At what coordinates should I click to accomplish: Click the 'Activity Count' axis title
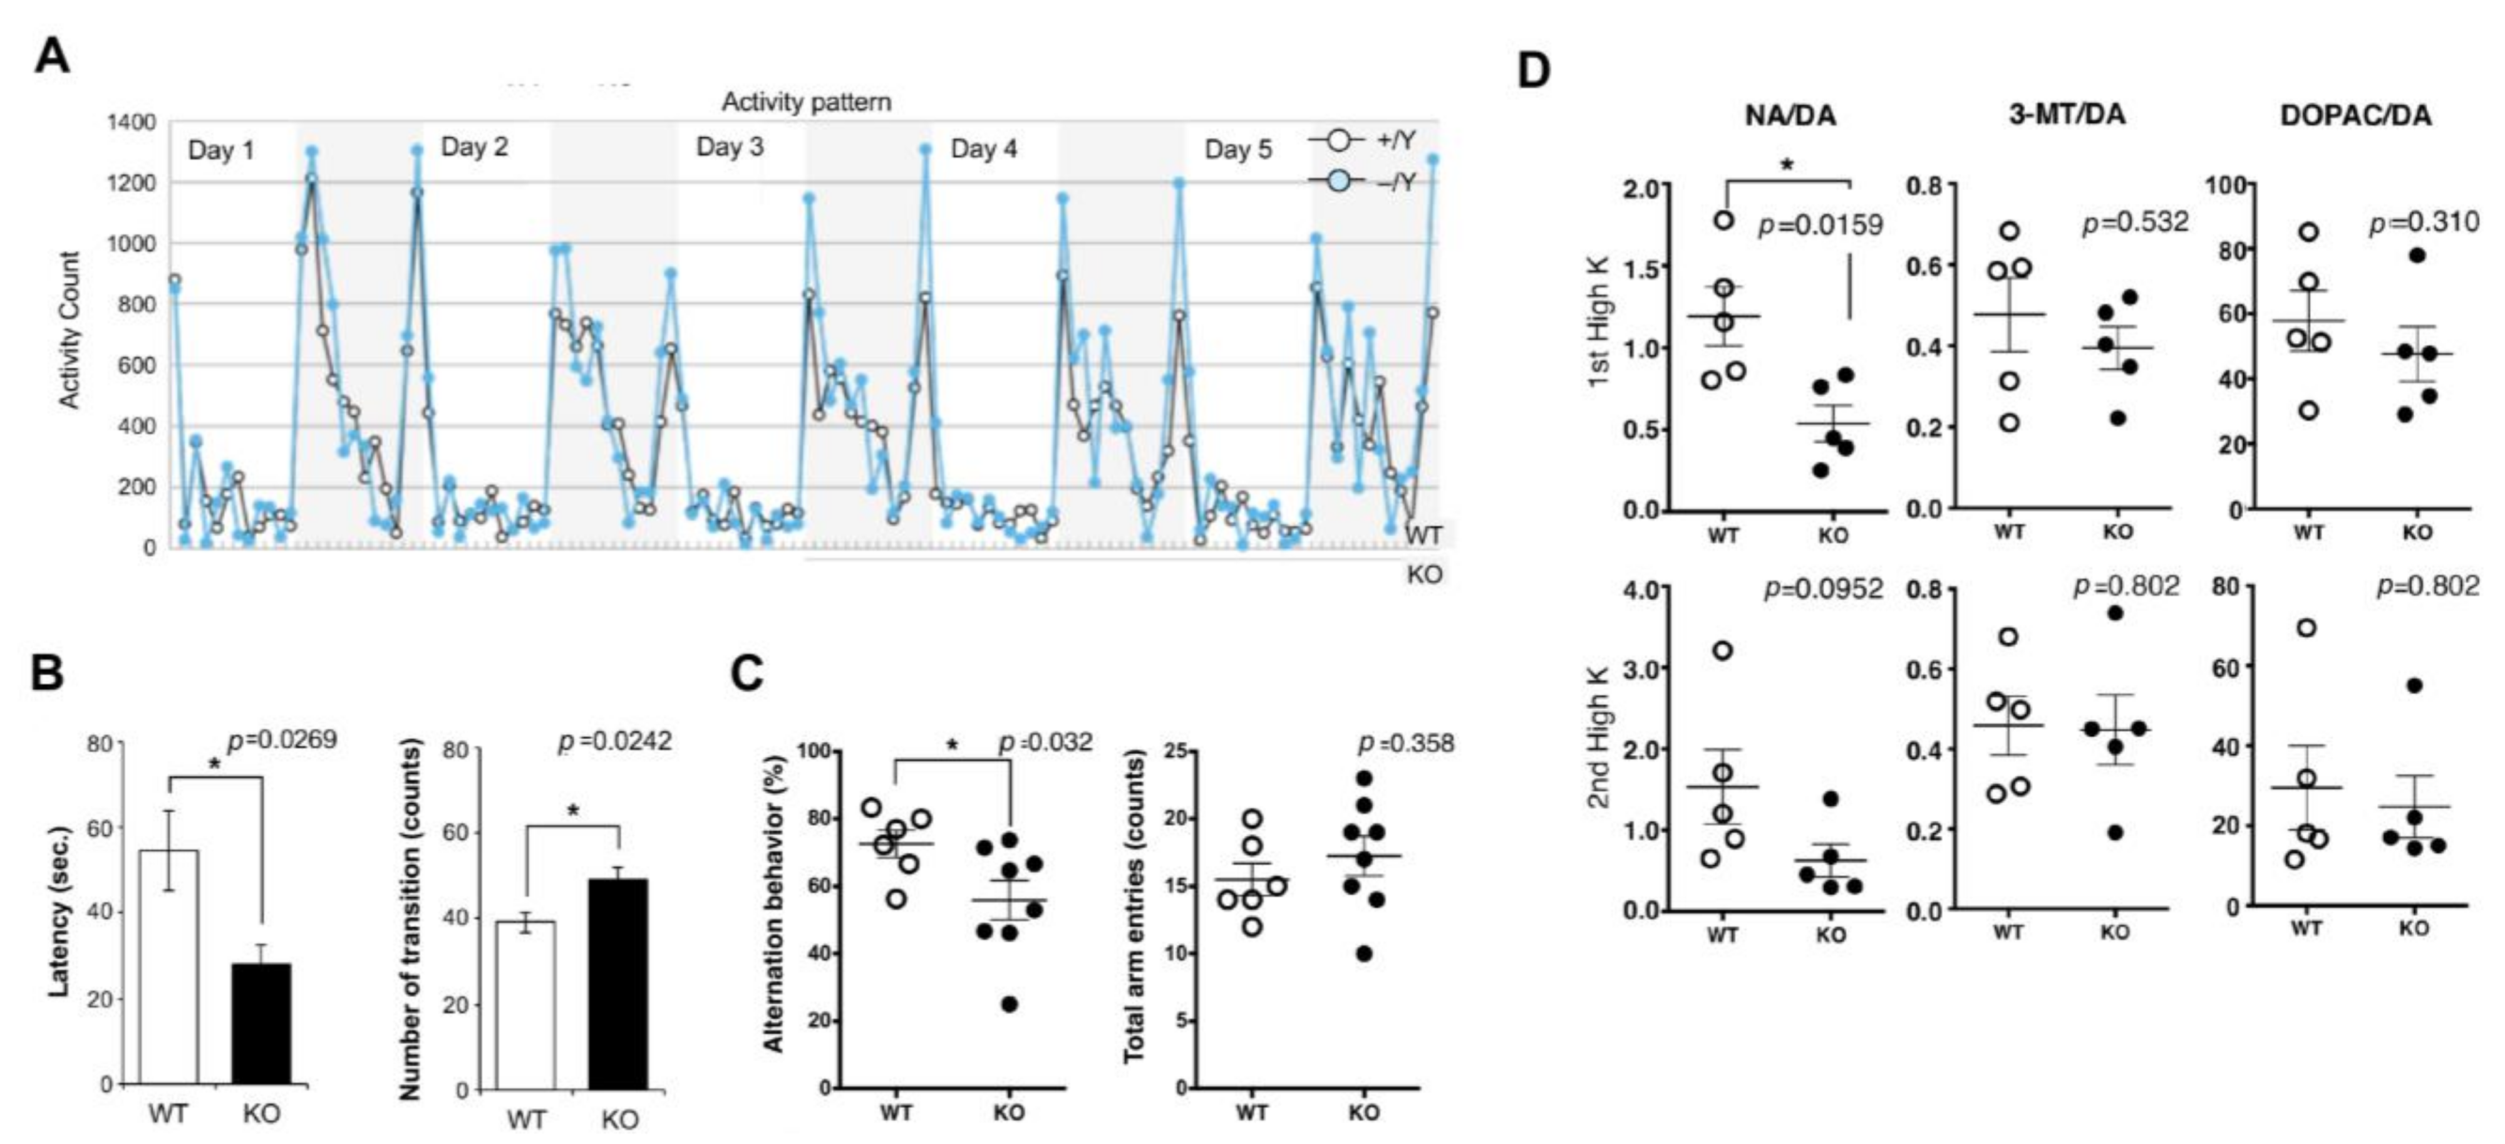(x=69, y=330)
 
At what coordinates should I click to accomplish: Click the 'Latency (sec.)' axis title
(x=60, y=912)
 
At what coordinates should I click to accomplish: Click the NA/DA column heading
(x=1789, y=116)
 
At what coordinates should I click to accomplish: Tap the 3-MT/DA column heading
(x=2067, y=115)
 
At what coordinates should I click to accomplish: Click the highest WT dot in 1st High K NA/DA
(x=1723, y=220)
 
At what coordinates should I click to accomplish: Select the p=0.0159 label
(x=1821, y=226)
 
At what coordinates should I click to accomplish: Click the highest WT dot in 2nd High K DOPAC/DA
(x=2306, y=628)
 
